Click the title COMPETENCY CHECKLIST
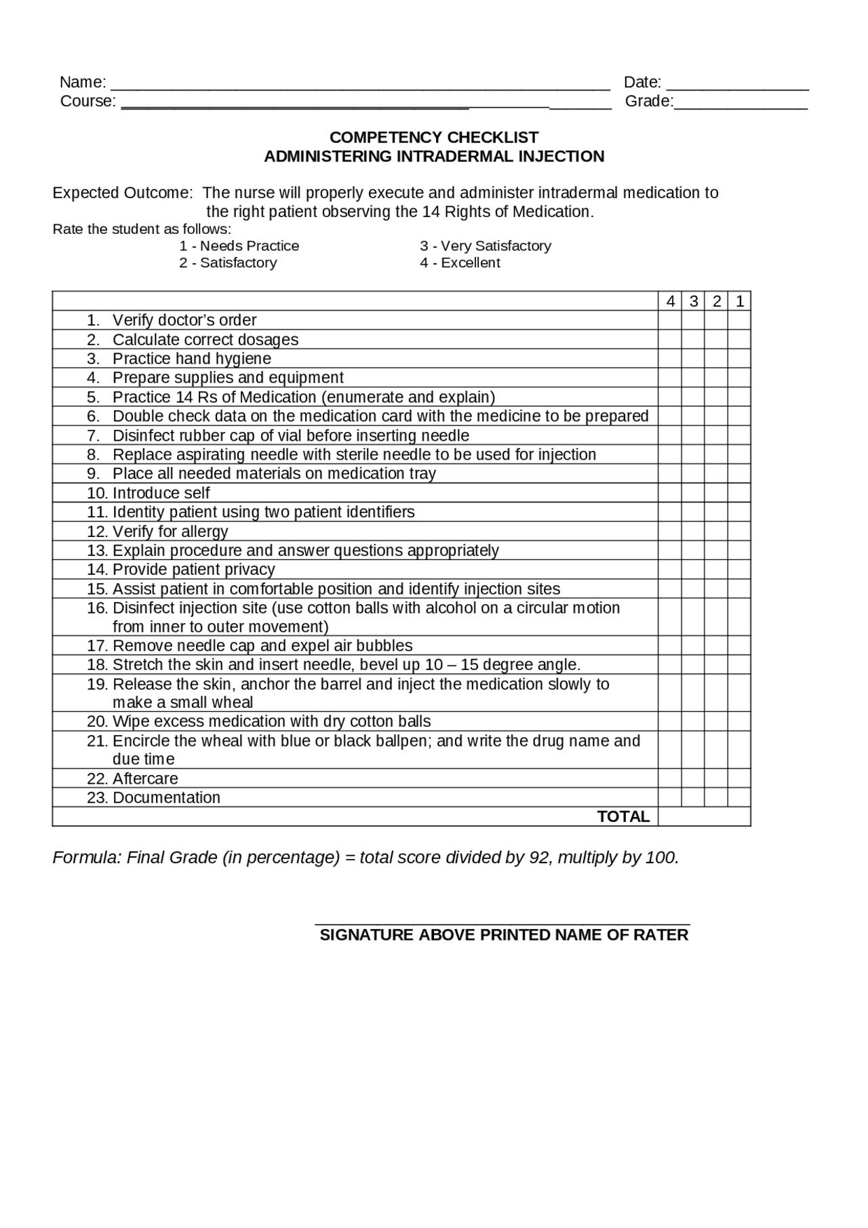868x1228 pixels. coord(434,138)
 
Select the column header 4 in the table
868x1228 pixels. coord(670,302)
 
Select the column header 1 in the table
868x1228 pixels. coord(740,302)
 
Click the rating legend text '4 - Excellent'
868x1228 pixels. coord(460,263)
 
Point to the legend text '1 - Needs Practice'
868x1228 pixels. coord(239,246)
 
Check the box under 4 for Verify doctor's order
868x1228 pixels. coord(670,321)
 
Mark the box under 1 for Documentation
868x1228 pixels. coord(740,797)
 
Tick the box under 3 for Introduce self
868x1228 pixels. coord(693,493)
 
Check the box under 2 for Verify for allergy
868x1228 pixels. coord(717,532)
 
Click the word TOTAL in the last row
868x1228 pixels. coord(623,816)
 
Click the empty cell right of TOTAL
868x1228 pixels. coord(705,816)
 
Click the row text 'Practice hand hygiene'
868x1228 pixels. coord(192,359)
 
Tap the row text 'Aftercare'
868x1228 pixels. coord(145,778)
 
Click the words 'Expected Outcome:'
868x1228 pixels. coord(123,193)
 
